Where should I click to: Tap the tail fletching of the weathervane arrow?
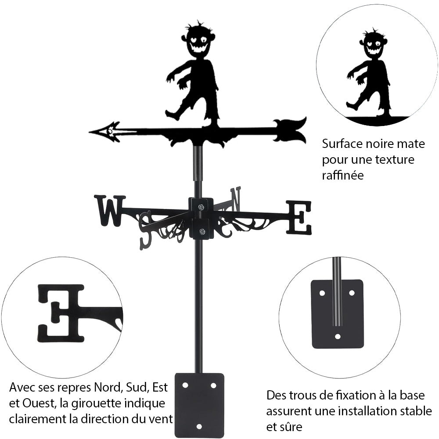pos(290,130)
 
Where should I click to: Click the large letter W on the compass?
pos(109,211)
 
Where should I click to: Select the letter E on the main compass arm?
pos(299,217)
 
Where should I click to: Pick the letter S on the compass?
pos(145,230)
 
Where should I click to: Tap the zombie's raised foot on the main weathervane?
pos(172,115)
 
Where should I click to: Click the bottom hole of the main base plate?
pos(199,426)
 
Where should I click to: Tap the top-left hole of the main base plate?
pos(185,385)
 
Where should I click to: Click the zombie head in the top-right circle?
pos(373,44)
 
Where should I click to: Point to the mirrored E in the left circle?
pos(61,313)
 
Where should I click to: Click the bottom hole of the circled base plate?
pos(337,337)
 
